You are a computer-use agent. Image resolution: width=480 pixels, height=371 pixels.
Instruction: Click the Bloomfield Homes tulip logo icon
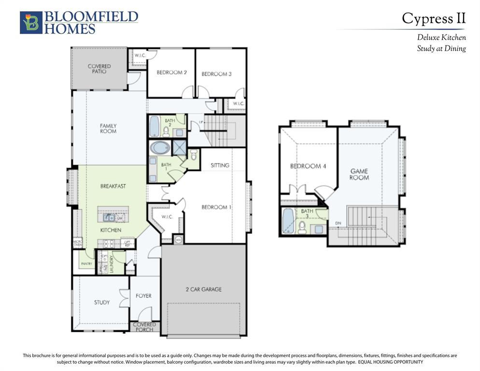click(31, 23)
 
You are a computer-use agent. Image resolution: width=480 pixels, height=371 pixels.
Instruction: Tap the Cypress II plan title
click(434, 18)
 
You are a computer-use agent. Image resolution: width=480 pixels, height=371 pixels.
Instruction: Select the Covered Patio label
click(99, 69)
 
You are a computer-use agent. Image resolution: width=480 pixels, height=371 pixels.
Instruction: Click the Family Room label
click(108, 128)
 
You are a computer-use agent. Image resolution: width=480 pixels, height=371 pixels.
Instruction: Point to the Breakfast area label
click(113, 186)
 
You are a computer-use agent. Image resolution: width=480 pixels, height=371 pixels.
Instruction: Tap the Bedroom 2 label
click(171, 72)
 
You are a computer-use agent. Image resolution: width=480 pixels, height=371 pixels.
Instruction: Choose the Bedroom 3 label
click(216, 74)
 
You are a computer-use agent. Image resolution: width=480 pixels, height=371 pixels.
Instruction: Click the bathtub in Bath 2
click(154, 127)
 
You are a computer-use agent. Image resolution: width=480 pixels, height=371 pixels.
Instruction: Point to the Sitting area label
click(220, 165)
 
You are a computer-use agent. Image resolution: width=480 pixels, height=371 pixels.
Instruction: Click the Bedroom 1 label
click(216, 207)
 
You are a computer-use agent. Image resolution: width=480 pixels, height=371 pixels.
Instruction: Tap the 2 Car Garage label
click(203, 289)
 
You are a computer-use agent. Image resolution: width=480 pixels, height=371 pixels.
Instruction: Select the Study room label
click(101, 302)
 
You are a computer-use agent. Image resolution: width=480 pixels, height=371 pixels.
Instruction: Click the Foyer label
click(143, 296)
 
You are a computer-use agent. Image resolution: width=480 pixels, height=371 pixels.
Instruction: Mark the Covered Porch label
click(144, 327)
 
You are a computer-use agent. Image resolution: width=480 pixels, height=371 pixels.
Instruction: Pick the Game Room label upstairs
click(359, 174)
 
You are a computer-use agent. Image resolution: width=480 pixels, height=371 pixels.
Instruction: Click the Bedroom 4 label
click(308, 166)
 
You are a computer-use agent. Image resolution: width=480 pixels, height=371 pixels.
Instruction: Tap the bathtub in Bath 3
click(288, 220)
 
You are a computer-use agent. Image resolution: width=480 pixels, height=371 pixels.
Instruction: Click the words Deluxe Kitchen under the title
click(441, 37)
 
